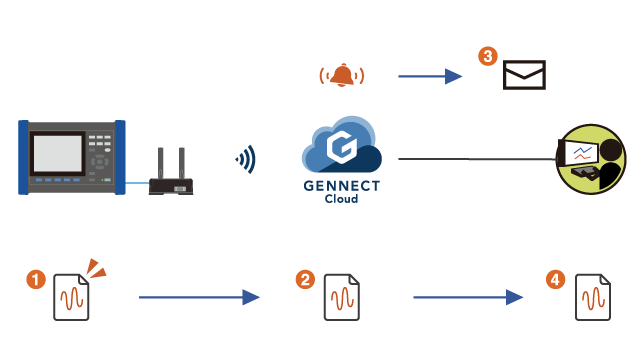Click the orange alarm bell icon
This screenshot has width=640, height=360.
(341, 75)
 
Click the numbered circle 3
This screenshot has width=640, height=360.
(487, 57)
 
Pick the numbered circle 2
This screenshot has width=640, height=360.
(306, 280)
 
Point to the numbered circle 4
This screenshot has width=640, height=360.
(556, 280)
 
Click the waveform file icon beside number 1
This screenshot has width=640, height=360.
(71, 297)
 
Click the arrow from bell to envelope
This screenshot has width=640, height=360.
(430, 76)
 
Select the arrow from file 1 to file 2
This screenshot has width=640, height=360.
(198, 297)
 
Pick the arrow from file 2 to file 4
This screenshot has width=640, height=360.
(469, 297)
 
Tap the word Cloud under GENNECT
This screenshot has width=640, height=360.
(341, 200)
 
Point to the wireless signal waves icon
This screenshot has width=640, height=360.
(245, 158)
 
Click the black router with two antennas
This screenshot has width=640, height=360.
(170, 178)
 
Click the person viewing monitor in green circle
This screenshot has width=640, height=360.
(591, 159)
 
